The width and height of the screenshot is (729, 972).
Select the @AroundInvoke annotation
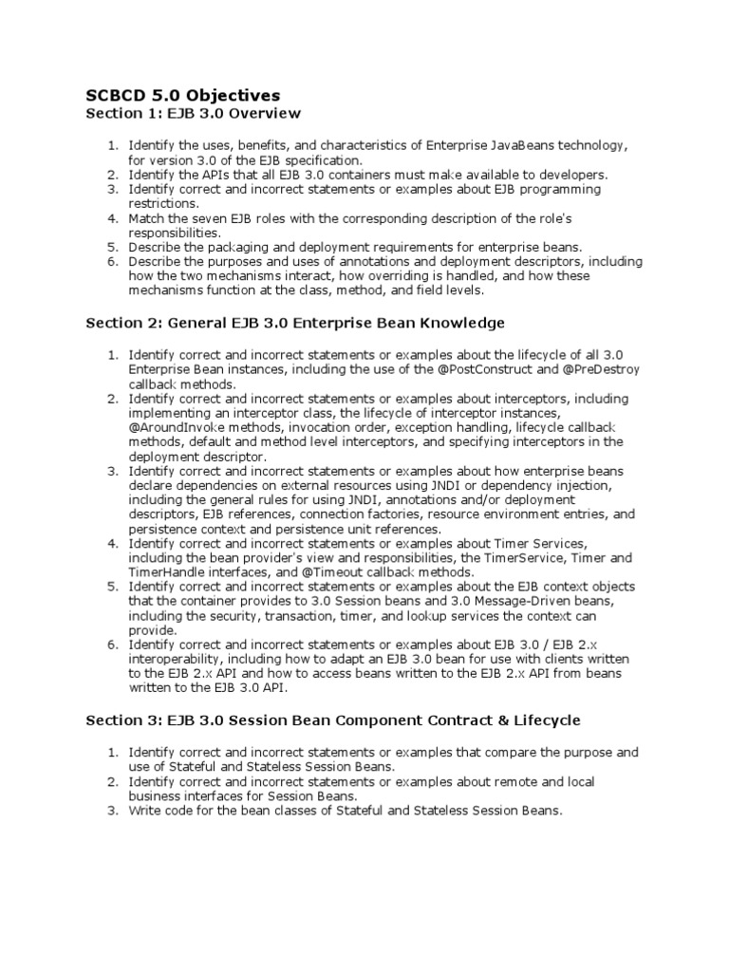[x=177, y=427]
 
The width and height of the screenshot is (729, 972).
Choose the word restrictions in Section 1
[x=163, y=203]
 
